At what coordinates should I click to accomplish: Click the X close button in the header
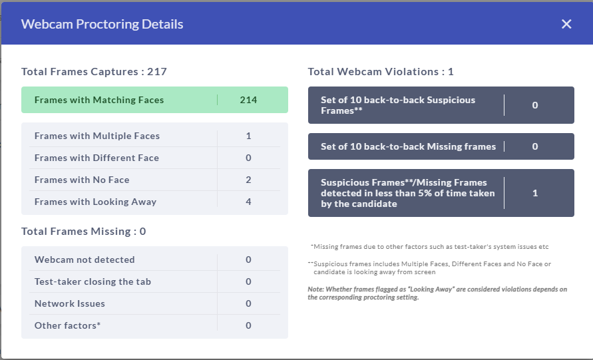tap(566, 24)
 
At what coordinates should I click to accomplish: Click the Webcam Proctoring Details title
tap(102, 24)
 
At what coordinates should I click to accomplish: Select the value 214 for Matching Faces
tap(248, 100)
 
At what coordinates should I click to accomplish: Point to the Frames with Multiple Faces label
tap(97, 136)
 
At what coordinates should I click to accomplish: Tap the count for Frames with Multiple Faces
tap(248, 136)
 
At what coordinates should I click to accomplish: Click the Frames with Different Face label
tap(97, 158)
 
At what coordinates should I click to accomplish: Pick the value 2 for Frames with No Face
tap(248, 180)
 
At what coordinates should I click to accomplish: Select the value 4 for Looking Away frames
tap(248, 202)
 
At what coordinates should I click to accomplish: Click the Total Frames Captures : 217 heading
tap(94, 71)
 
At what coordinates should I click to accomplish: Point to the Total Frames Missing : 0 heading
tap(84, 231)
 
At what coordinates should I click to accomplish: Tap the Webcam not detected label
tap(85, 260)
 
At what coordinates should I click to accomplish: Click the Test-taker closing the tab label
tap(93, 281)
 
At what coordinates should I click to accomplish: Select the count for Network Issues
tap(248, 303)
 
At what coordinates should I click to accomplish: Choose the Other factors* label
tap(67, 325)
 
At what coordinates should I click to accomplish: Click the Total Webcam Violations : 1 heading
tap(381, 71)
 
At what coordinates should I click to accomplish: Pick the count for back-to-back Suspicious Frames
tap(534, 105)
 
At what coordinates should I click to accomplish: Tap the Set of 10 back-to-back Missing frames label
tap(408, 146)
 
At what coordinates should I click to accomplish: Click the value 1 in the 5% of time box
tap(534, 193)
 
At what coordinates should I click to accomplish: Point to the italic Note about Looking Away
tap(437, 293)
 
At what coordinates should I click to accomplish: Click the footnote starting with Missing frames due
tap(430, 247)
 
